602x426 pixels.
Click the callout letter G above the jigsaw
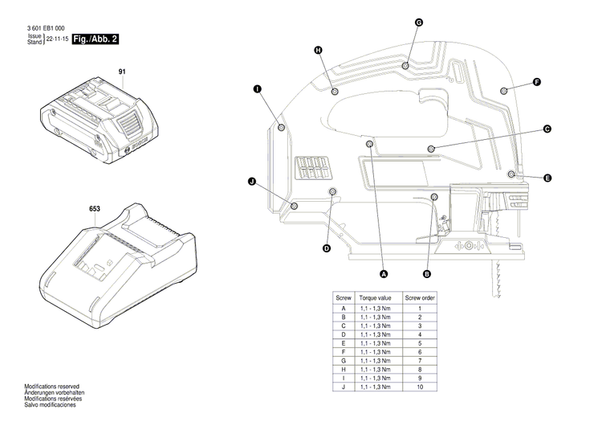point(418,23)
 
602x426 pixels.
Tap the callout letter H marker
point(319,50)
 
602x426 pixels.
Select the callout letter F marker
point(537,82)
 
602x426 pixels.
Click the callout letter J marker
point(251,183)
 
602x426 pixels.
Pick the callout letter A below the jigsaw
point(384,274)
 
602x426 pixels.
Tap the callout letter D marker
point(327,248)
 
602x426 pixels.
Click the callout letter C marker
point(547,129)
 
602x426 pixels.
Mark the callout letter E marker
point(547,177)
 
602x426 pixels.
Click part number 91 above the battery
point(123,72)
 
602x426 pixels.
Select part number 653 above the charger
point(94,209)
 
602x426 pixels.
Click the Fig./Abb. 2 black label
point(96,39)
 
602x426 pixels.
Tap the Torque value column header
point(374,297)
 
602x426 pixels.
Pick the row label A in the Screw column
point(344,309)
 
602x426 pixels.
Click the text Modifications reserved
point(51,387)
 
